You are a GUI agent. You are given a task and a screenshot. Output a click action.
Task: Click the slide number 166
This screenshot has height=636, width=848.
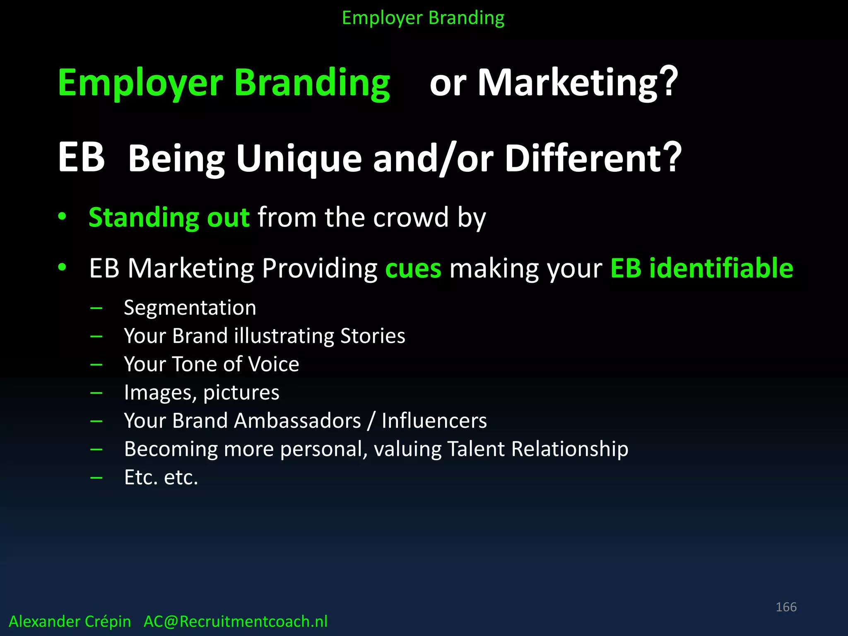coord(786,607)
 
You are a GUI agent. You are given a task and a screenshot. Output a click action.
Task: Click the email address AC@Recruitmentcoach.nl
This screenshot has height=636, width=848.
coord(235,622)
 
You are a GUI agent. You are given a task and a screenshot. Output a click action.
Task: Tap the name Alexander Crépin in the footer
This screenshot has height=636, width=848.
coord(70,622)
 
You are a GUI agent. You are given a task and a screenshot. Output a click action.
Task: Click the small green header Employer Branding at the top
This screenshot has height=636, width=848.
coord(423,18)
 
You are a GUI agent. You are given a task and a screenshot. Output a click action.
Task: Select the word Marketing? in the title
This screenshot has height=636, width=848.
coord(578,83)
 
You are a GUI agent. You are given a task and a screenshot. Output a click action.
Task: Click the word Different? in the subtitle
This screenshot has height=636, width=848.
coord(593,158)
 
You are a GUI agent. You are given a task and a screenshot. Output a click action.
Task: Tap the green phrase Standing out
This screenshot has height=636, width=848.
coord(169,217)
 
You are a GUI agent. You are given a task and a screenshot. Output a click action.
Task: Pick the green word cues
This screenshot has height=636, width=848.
coord(413,268)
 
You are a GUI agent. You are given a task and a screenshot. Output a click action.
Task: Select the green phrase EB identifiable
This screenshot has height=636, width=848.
coord(701,268)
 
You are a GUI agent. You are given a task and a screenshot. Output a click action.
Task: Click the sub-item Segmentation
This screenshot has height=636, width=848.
coord(190,308)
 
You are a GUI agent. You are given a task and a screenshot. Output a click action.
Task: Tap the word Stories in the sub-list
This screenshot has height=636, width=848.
coord(373,336)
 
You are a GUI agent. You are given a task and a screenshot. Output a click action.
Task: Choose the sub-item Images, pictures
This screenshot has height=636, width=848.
coord(202,393)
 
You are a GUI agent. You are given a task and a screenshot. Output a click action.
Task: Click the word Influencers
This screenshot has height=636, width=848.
coord(434,421)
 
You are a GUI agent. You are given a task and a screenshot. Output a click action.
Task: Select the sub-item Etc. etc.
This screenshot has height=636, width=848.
coord(161,477)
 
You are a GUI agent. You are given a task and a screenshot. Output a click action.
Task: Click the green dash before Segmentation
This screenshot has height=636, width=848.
coord(96,308)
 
